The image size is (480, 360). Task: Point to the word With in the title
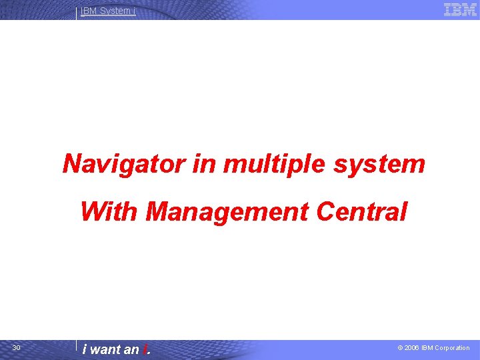tap(109, 212)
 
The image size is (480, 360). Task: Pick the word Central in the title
tap(362, 212)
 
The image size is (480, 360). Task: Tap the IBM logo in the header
tap(460, 9)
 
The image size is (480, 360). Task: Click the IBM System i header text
tap(108, 11)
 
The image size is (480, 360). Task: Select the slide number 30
tap(17, 348)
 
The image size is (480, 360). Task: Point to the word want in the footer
tap(105, 349)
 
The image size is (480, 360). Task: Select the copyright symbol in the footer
tap(400, 348)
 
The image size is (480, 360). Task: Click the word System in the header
tap(115, 11)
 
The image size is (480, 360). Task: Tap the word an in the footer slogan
tap(131, 349)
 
